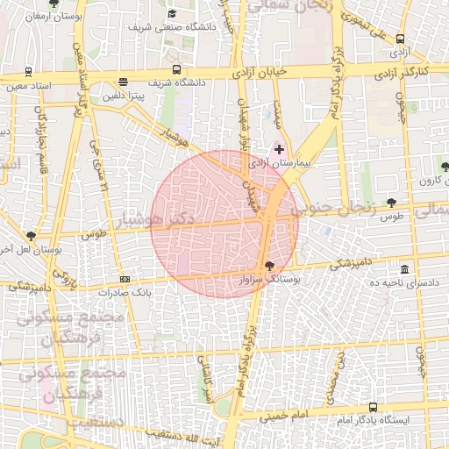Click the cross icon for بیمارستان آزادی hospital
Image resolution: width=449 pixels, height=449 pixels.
[x=280, y=149]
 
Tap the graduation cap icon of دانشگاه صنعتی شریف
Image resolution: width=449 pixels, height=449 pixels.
[x=172, y=14]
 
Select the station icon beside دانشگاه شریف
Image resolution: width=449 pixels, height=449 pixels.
[x=177, y=69]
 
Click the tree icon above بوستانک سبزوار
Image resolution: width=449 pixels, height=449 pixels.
[x=269, y=265]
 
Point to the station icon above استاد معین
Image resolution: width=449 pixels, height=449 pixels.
[x=29, y=73]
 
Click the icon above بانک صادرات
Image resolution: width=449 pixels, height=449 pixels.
[x=125, y=279]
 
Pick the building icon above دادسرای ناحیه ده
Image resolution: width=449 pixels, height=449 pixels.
[x=403, y=269]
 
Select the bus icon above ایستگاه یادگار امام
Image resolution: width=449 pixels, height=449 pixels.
[x=374, y=407]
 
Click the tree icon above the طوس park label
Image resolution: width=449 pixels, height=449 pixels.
[x=391, y=203]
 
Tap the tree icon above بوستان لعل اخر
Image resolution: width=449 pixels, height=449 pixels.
[x=32, y=236]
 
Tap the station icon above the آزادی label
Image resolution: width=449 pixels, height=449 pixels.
[x=401, y=39]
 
